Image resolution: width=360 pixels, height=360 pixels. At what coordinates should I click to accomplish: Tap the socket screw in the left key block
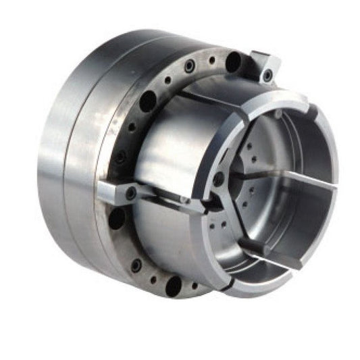point(130,193)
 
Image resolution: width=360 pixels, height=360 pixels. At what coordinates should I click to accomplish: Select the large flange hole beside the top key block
point(233,62)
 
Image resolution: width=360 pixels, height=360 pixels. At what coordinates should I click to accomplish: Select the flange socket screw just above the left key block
point(121,157)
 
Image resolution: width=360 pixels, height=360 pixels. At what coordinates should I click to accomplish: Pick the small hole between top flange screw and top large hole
point(212,60)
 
